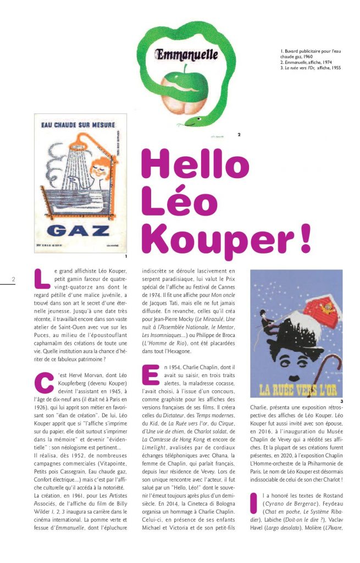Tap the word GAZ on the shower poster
pos(80,230)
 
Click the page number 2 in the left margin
pos(13,279)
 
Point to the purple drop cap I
pos(254,503)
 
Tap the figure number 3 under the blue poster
pos(341,401)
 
